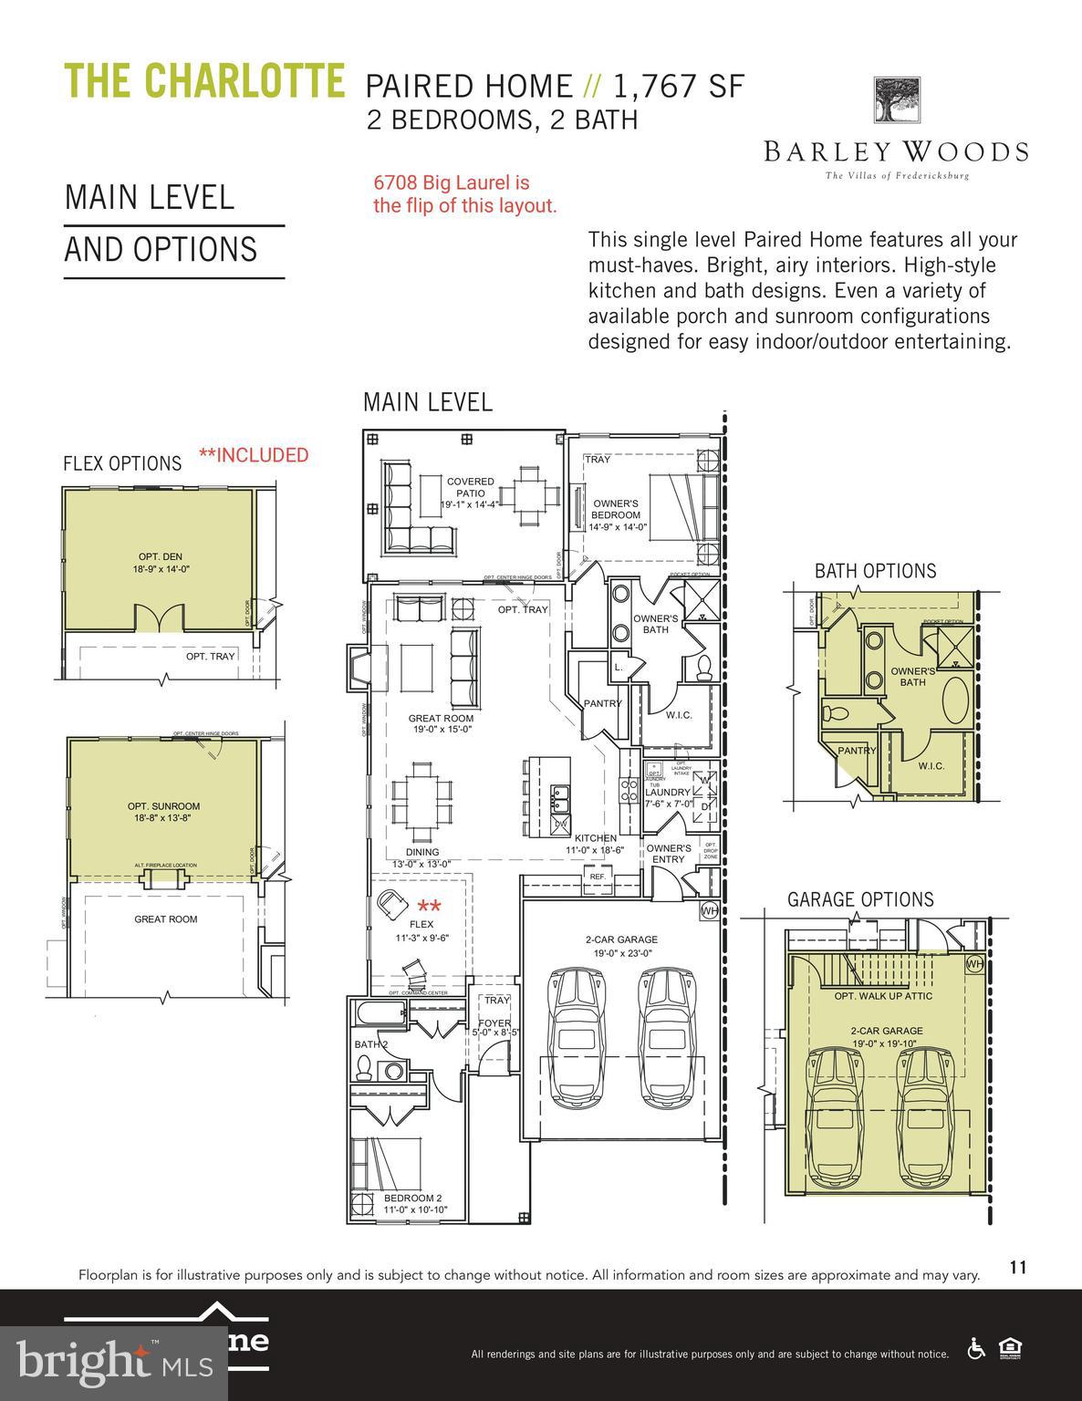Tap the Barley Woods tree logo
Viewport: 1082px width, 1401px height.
[x=897, y=101]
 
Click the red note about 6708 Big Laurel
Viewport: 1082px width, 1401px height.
[x=463, y=194]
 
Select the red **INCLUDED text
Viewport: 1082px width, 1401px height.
[x=254, y=455]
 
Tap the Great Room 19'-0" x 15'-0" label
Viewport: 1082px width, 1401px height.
[x=441, y=724]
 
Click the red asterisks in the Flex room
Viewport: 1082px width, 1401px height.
[x=429, y=908]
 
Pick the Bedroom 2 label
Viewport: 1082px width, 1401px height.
[x=414, y=1203]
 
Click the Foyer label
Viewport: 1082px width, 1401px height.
[x=495, y=1027]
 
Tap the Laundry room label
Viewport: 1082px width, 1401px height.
[x=668, y=798]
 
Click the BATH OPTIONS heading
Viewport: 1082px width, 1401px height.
[x=875, y=571]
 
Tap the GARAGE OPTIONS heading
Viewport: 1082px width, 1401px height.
[x=860, y=899]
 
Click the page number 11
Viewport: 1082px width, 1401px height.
[x=1018, y=1267]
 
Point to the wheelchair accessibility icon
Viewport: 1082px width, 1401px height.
[x=975, y=1348]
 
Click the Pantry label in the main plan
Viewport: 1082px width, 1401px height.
[x=602, y=703]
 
